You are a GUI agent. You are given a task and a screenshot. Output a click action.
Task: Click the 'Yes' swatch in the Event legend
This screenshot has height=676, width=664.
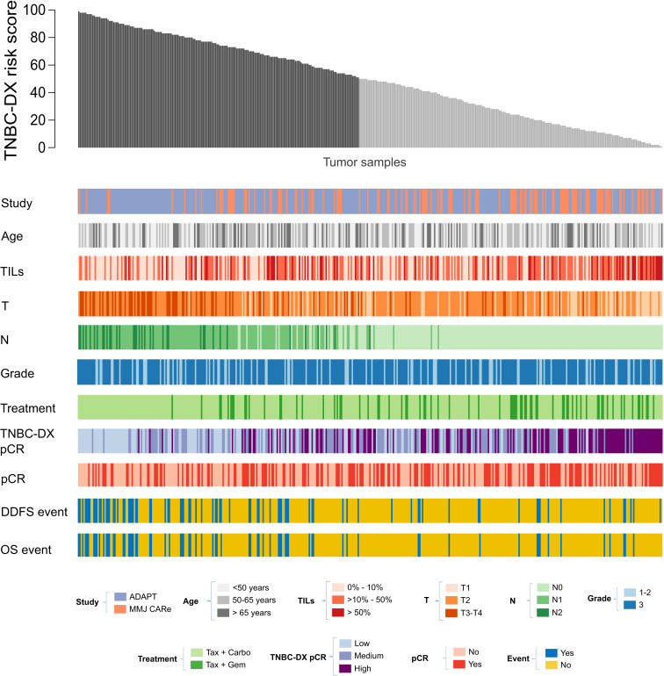pyautogui.click(x=539, y=652)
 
